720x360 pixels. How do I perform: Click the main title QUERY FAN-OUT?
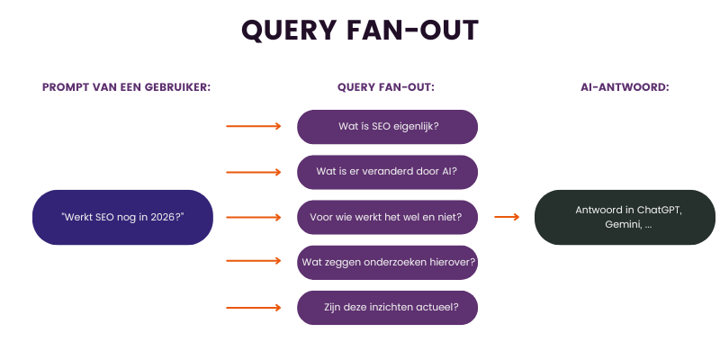tap(360, 30)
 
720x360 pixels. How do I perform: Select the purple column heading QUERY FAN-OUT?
tap(386, 87)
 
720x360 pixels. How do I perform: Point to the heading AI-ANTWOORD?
tap(625, 87)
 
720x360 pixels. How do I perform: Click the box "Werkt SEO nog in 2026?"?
tap(122, 217)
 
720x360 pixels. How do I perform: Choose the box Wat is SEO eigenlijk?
tap(387, 127)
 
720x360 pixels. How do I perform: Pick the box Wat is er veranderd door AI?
tap(387, 172)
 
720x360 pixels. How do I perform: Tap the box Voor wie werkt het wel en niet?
tap(387, 217)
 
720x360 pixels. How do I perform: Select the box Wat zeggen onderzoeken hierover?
tap(387, 262)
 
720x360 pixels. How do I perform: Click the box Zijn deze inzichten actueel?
tap(387, 307)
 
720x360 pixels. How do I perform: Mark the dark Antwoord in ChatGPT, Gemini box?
tap(625, 217)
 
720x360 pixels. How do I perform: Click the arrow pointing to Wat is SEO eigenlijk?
tap(254, 127)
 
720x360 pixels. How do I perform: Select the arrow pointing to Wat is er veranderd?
tap(254, 172)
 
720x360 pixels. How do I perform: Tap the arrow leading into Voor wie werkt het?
tap(254, 217)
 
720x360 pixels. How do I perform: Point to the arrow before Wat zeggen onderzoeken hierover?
tap(254, 262)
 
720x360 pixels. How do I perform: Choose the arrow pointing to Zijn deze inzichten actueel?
tap(254, 307)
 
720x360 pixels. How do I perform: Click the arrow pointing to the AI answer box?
tap(507, 217)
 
